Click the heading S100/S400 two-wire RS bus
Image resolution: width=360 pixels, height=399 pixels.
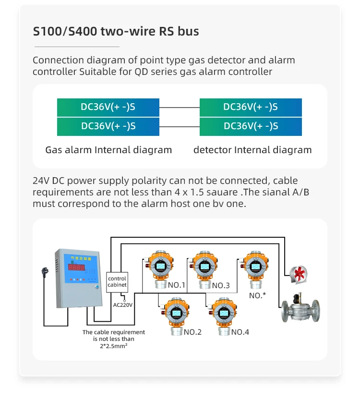[116, 32]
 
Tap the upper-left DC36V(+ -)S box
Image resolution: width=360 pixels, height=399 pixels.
[108, 107]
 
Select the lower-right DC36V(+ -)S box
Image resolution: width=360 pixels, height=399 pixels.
[251, 126]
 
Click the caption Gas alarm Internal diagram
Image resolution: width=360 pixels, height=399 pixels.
[108, 150]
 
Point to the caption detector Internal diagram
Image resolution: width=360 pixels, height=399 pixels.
[252, 150]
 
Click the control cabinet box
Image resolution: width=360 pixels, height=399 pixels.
[117, 282]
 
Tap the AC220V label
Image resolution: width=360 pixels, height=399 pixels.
[123, 304]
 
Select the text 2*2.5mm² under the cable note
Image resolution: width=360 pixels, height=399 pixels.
[114, 346]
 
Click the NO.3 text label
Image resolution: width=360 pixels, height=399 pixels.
[221, 286]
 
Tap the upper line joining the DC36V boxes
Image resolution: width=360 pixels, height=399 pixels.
[179, 107]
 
